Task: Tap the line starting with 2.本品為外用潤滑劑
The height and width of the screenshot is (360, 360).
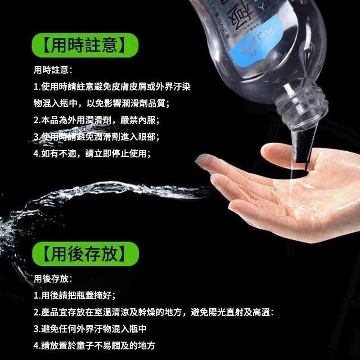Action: click(96, 120)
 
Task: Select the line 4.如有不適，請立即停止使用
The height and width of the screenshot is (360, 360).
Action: click(92, 153)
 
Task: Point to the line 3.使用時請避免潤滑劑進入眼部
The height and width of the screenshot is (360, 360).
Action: click(96, 137)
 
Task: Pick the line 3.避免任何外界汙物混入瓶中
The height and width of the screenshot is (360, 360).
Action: click(90, 328)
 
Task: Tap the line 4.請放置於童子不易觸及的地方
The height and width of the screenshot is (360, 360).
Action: click(94, 346)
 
